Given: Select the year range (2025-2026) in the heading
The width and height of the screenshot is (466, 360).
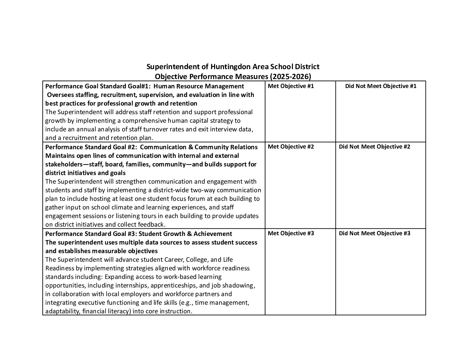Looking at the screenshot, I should click(x=291, y=77).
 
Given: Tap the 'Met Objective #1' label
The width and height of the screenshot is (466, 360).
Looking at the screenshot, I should click(x=291, y=86).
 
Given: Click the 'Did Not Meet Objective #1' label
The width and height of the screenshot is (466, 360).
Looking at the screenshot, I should click(x=381, y=86).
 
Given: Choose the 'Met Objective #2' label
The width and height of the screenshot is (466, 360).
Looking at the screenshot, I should click(x=291, y=147).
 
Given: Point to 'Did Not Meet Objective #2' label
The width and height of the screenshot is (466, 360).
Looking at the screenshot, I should click(x=374, y=147).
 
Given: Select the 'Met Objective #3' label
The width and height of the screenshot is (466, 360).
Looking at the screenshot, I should click(x=291, y=233).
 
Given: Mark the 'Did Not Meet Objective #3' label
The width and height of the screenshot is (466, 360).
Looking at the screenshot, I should click(x=374, y=233).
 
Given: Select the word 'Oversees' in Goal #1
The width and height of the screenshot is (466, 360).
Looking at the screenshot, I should click(x=59, y=95).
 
